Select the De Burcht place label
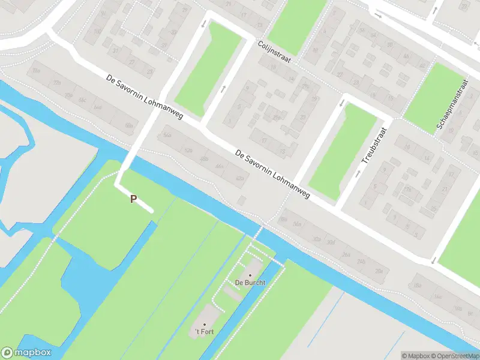(x=250, y=283)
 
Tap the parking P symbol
(x=133, y=199)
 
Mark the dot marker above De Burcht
(x=250, y=275)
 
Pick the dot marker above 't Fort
(x=203, y=325)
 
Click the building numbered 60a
(x=128, y=125)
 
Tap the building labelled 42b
(x=241, y=178)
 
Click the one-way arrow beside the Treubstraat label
(x=358, y=173)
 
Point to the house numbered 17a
(x=408, y=190)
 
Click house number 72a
(x=57, y=82)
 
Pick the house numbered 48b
(x=204, y=159)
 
